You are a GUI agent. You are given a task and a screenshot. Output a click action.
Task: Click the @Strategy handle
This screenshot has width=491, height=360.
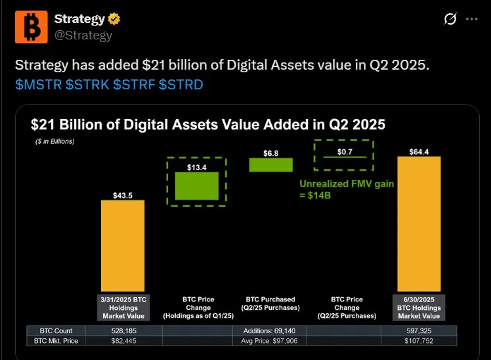83,35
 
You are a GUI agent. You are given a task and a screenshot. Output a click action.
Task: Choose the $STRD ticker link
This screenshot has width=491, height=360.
181,85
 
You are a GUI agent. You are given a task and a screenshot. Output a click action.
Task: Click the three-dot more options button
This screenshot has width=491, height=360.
471,19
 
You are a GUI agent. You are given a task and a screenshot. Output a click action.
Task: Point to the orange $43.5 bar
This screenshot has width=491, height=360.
123,246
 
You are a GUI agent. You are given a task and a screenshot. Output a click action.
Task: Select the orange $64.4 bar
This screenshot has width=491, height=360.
419,223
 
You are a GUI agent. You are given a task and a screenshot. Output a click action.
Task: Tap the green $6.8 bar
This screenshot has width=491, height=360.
270,165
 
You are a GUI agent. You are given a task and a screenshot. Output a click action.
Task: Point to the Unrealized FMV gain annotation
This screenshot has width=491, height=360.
347,190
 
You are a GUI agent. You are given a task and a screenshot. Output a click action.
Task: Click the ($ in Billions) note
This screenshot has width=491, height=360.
55,141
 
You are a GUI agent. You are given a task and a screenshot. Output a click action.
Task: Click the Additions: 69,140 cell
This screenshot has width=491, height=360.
270,330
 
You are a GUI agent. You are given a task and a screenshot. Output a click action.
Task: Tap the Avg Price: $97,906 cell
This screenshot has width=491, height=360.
270,342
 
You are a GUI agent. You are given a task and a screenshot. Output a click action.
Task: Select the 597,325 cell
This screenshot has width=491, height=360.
419,330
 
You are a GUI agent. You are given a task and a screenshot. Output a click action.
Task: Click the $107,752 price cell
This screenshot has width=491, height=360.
419,342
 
